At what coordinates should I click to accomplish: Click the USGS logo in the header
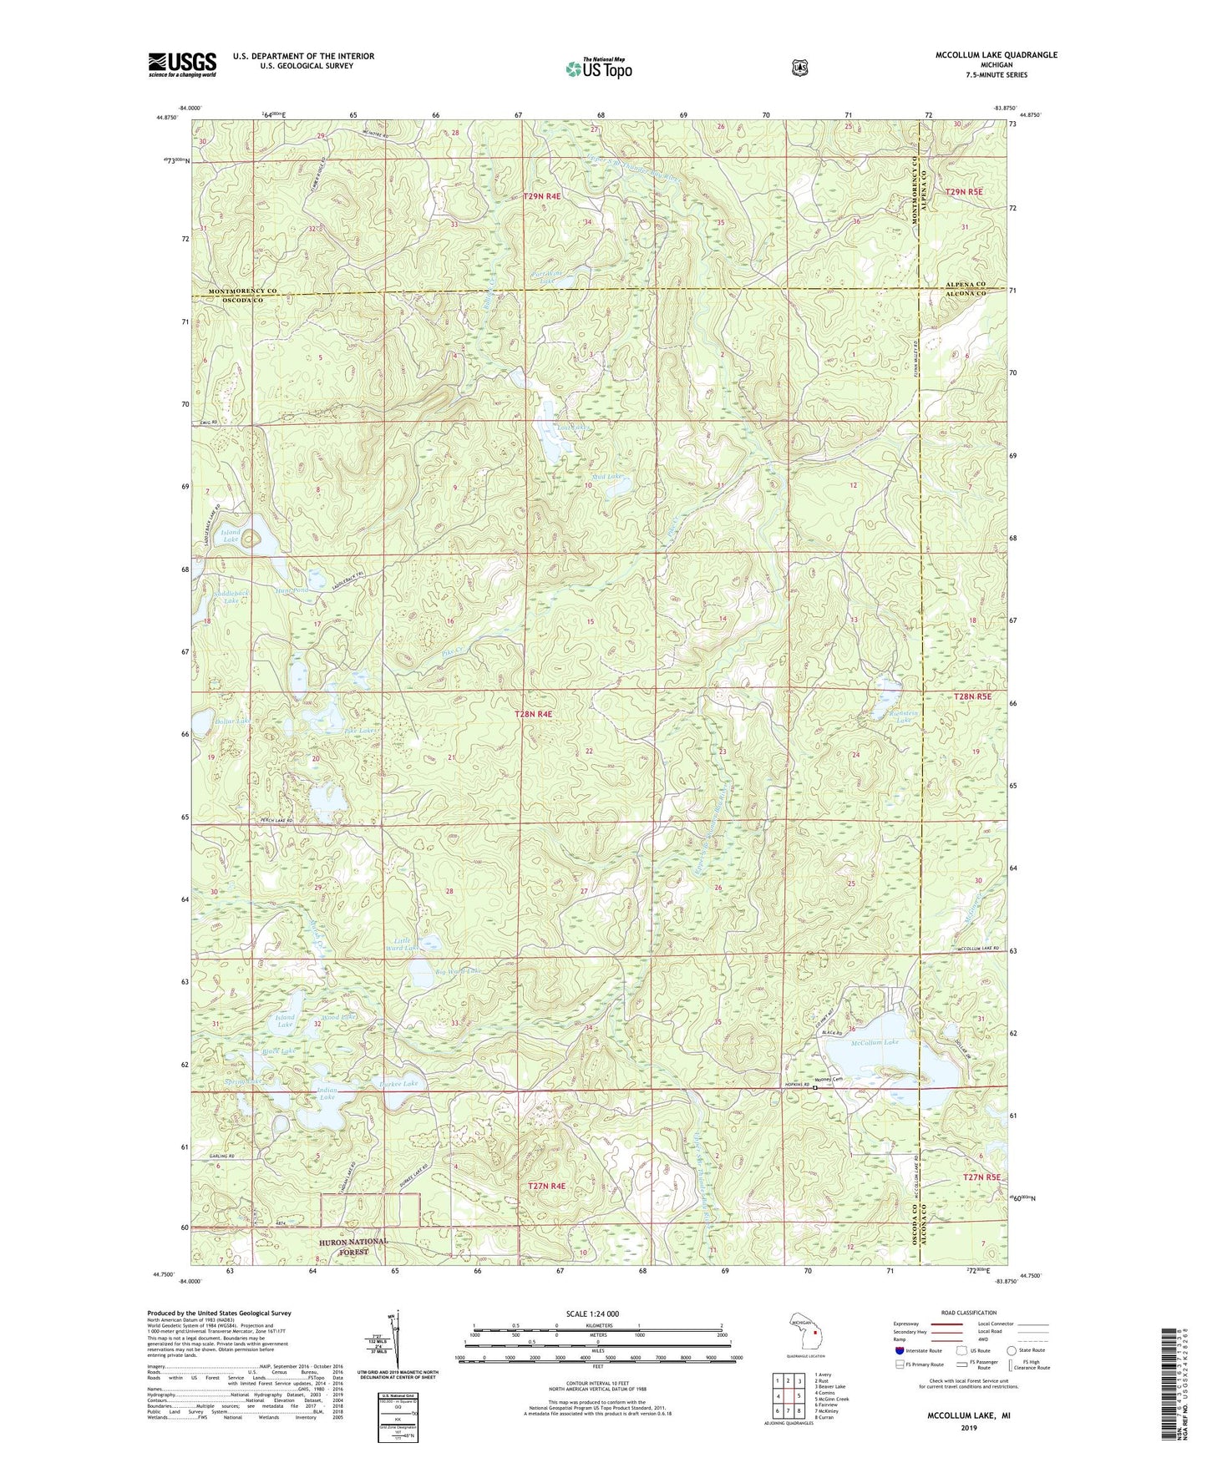point(182,64)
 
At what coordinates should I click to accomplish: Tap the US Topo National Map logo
point(596,68)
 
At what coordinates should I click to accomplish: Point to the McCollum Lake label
point(875,1043)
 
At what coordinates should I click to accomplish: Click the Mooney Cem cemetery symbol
point(815,1087)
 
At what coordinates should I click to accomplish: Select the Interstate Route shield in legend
point(899,1350)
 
